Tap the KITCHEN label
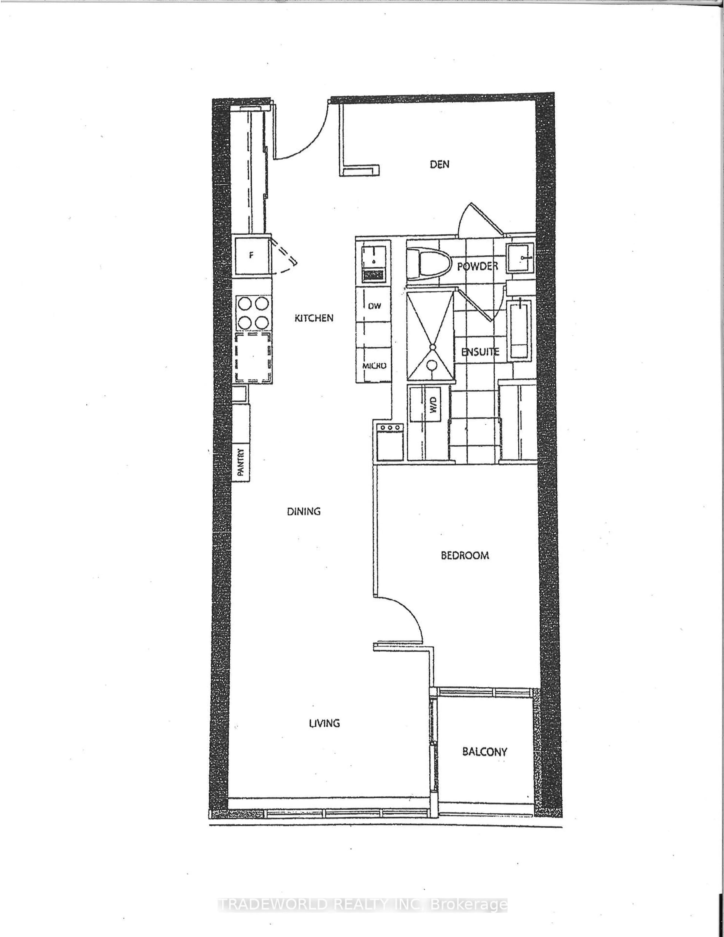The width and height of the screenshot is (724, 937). point(314,318)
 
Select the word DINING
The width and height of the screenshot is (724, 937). point(304,511)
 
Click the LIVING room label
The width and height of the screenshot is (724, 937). point(324,723)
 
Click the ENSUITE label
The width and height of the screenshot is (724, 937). point(480,352)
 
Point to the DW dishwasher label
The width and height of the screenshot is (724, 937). point(374,306)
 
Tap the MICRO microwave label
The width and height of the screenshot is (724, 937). point(374,366)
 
